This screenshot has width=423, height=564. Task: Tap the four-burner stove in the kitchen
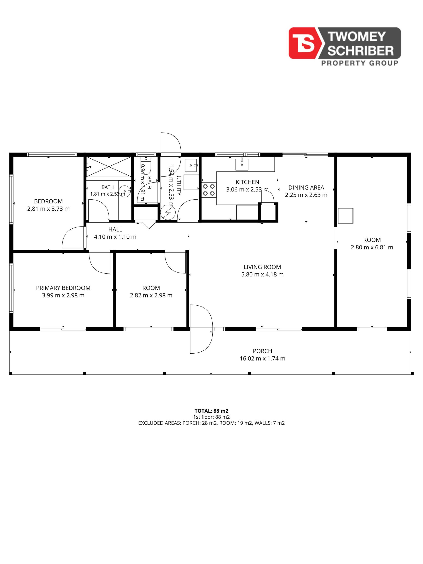[209, 190]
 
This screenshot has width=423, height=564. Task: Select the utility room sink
[191, 165]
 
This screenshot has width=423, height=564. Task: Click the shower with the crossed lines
[109, 167]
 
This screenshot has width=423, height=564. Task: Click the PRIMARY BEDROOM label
[63, 288]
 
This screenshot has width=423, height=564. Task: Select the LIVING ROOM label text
[262, 267]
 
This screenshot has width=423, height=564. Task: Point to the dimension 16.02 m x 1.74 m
[262, 358]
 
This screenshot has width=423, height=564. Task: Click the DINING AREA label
[306, 187]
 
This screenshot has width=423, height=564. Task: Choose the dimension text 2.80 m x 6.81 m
[372, 247]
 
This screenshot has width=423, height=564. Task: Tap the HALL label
[115, 230]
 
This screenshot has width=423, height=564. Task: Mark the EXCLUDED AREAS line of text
[211, 423]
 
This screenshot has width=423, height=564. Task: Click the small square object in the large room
[346, 216]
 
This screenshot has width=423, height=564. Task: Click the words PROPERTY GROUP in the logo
[360, 63]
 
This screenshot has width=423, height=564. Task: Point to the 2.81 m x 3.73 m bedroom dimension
[48, 209]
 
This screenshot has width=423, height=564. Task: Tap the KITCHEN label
[247, 182]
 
